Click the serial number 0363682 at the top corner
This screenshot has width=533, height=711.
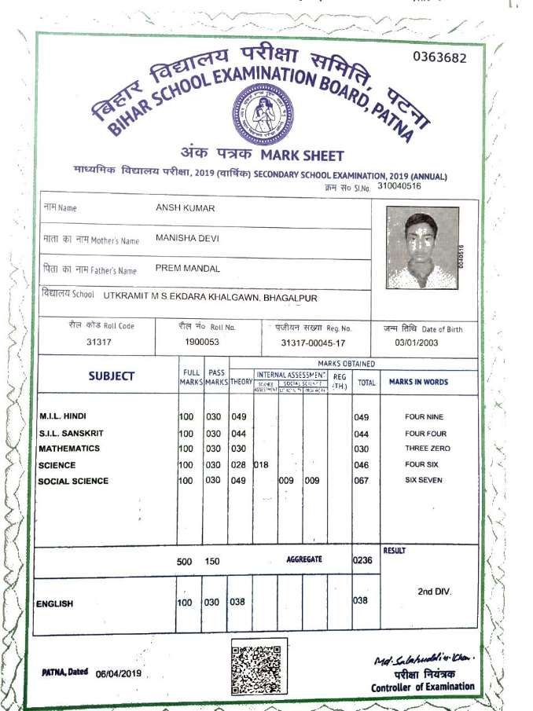pyautogui.click(x=439, y=57)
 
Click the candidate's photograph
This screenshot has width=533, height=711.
pyautogui.click(x=422, y=248)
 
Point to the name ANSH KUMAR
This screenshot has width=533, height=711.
pyautogui.click(x=186, y=207)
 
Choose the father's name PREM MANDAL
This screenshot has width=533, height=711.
pyautogui.click(x=187, y=269)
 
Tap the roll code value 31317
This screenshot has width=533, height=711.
pyautogui.click(x=100, y=342)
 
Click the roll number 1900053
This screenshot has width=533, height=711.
pyautogui.click(x=202, y=342)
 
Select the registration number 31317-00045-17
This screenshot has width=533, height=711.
pyautogui.click(x=312, y=343)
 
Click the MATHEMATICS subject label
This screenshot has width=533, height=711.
pyautogui.click(x=69, y=449)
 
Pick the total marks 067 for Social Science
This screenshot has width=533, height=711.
pyautogui.click(x=362, y=481)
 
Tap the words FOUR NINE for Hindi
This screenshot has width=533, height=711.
pyautogui.click(x=425, y=417)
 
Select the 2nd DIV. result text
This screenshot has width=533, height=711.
pyautogui.click(x=434, y=591)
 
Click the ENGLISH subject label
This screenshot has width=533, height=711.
pyautogui.click(x=55, y=604)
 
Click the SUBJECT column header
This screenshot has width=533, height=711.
pyautogui.click(x=111, y=376)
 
